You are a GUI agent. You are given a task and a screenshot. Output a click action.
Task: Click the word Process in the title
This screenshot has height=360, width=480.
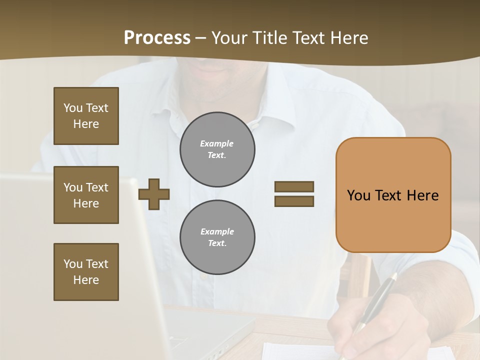tap(157, 38)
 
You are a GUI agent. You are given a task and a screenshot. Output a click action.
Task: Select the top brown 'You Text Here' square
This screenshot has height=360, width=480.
tap(86, 116)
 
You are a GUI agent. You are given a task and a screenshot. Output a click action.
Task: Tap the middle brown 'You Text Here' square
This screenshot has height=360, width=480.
tap(86, 195)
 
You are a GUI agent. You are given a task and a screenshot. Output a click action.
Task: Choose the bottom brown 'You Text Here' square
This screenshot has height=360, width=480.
tap(86, 271)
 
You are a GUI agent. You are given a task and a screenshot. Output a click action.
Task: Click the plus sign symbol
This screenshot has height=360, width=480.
tap(154, 194)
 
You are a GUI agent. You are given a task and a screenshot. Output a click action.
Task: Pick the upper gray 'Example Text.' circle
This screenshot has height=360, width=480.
tap(217, 149)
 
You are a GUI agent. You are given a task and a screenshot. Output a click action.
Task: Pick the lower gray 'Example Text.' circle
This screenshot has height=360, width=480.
tap(217, 237)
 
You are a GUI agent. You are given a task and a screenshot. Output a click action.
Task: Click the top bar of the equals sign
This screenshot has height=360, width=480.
tap(294, 186)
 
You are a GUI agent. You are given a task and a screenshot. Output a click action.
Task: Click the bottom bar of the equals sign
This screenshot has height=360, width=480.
tap(294, 201)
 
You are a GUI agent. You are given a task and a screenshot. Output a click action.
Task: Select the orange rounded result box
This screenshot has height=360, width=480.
tap(393, 195)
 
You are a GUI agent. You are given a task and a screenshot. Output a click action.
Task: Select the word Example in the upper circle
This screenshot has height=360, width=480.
tap(217, 143)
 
